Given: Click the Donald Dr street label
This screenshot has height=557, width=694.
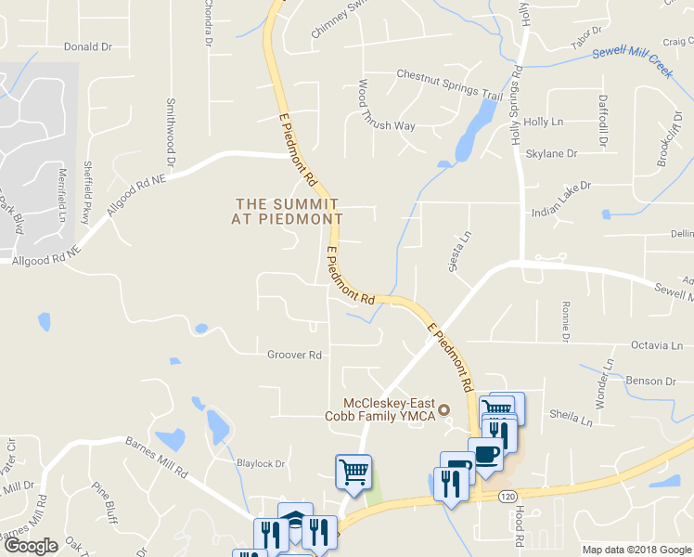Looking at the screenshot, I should [87, 45].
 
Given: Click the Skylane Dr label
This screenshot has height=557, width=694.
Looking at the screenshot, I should [551, 153].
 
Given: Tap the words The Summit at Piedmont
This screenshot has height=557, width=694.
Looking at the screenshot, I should [287, 211].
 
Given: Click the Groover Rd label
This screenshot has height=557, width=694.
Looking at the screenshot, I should [294, 355].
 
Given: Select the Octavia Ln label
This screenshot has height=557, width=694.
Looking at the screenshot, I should [655, 345].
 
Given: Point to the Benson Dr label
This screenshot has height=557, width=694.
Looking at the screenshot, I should [650, 381].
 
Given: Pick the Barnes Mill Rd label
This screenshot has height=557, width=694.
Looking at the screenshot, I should [156, 446].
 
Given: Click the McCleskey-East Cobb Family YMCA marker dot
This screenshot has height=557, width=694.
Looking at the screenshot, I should [443, 409].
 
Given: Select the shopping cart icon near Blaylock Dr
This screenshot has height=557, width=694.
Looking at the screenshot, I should [353, 470].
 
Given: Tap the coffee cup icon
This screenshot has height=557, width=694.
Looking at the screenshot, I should [486, 454].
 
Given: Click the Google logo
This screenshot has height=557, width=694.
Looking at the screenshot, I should [30, 545].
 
